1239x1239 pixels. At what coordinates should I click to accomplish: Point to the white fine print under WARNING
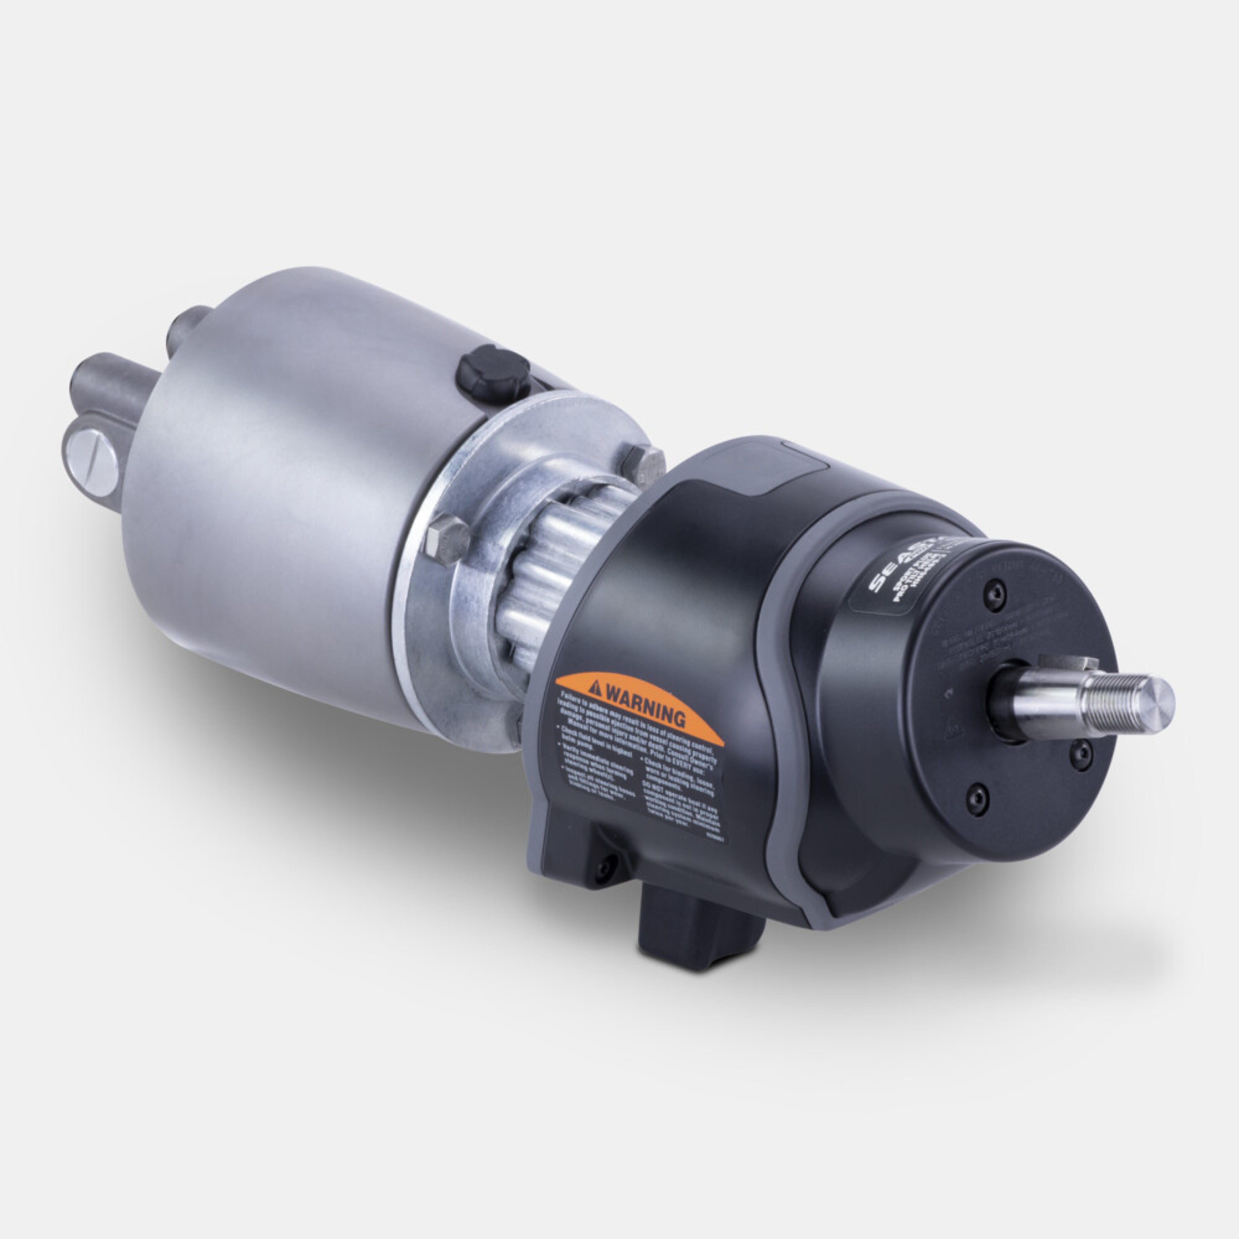coord(635,757)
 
